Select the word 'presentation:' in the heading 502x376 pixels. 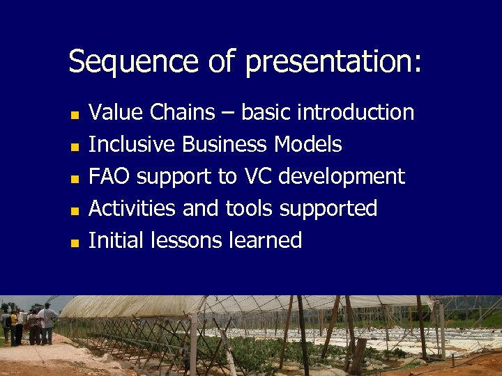point(333,62)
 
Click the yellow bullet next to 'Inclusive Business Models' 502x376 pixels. point(74,146)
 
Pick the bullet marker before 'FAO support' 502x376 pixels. point(74,178)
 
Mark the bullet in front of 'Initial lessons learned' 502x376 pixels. point(74,242)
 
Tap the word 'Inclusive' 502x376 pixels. point(132,144)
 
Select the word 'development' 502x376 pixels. point(342,177)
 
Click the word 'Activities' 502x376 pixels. point(133,208)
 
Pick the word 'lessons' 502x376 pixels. point(188,240)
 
